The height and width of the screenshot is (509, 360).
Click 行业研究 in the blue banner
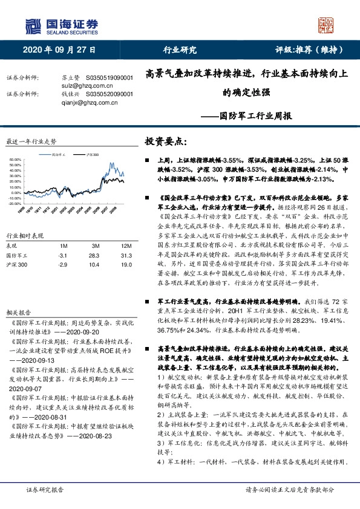pos(180,50)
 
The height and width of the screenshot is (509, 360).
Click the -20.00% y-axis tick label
pos(15,203)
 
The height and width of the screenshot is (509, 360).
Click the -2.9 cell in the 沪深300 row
pos(62,265)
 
